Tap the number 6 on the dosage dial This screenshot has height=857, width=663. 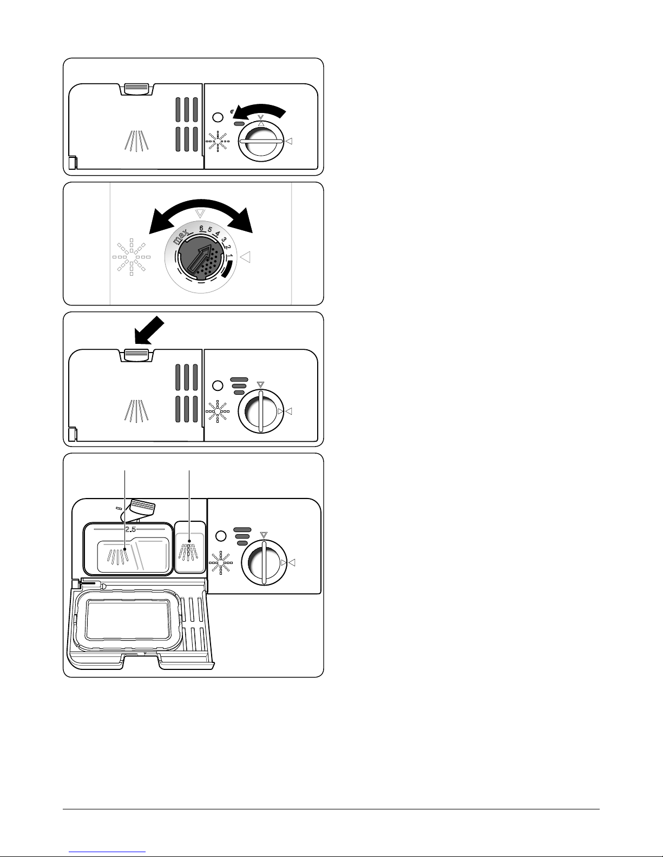point(200,228)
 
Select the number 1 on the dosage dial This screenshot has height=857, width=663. point(229,254)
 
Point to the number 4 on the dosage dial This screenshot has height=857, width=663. point(217,234)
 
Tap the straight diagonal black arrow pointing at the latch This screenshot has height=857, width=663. point(149,330)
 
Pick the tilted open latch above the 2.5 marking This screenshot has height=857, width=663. point(142,507)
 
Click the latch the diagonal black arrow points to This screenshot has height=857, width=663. point(136,354)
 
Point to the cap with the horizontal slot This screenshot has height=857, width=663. point(261,141)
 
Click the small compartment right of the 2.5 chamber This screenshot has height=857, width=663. point(190,547)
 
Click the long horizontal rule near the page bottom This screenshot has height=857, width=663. point(331,809)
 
